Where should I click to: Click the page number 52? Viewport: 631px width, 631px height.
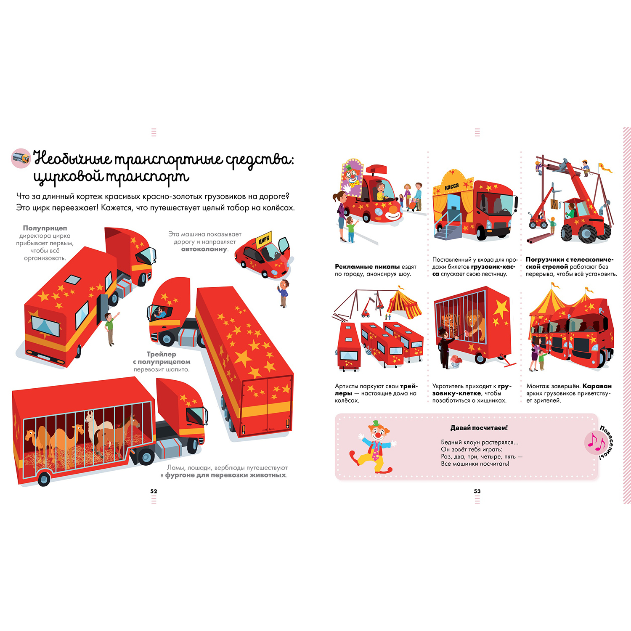point(154,491)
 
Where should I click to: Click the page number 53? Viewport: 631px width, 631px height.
point(477,491)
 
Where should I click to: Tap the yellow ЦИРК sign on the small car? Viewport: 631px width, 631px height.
point(264,240)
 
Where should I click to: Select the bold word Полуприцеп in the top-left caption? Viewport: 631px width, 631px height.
point(45,228)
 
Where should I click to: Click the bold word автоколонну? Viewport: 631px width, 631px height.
point(204,249)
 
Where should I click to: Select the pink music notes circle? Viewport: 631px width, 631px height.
point(596,443)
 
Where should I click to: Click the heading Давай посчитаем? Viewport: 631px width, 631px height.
point(479,428)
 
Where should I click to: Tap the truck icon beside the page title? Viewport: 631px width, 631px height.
point(21,159)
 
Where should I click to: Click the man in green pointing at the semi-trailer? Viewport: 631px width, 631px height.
point(110,328)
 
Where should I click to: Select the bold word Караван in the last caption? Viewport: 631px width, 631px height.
point(597,386)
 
